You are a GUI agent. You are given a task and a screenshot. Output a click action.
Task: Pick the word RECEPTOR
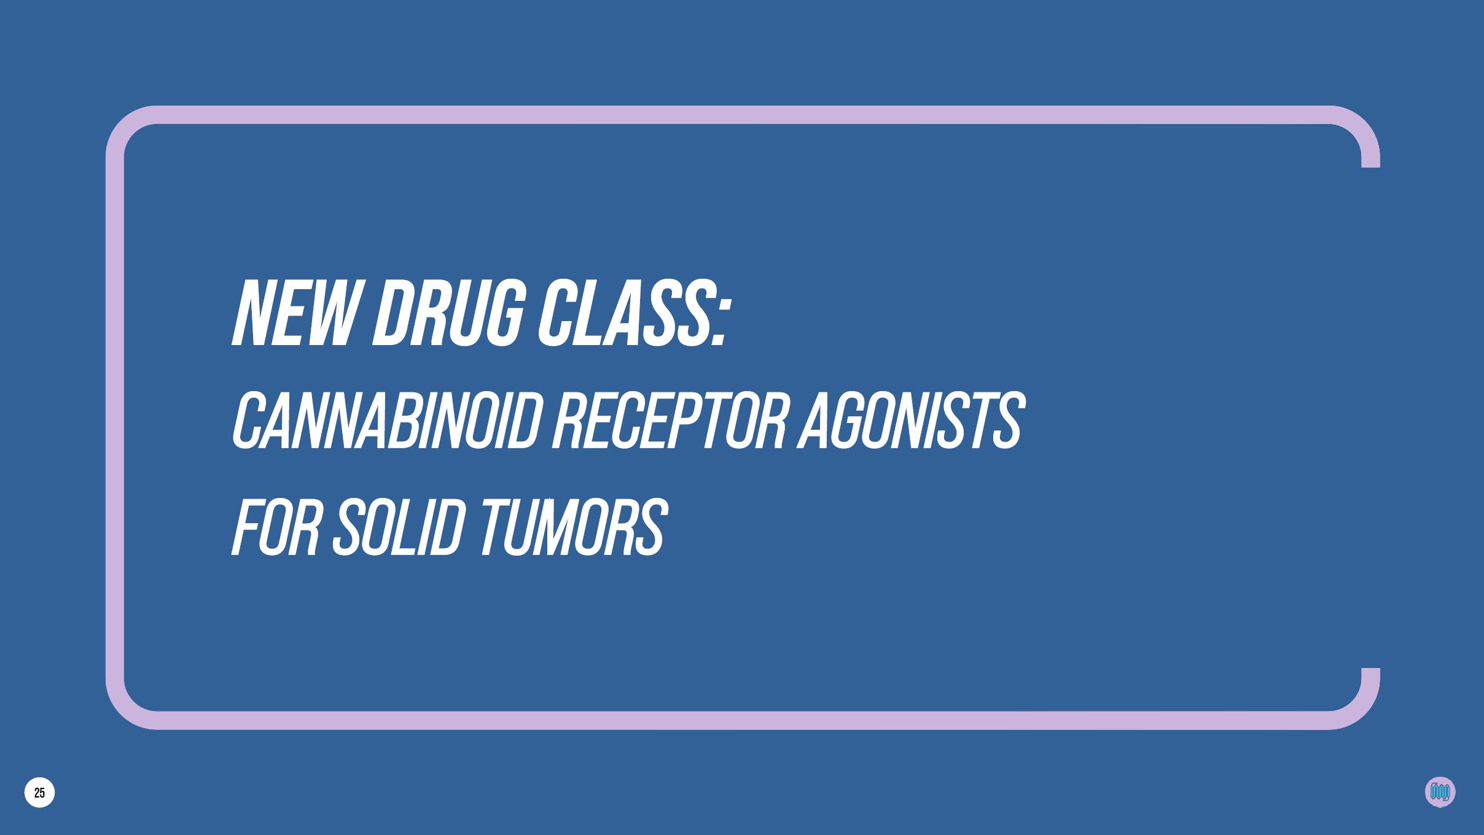[670, 421]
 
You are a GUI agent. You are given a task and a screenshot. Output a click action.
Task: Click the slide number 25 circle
[39, 793]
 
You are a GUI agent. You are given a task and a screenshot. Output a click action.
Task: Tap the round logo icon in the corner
[1440, 792]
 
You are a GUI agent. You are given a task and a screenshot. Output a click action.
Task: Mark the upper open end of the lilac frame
[1370, 166]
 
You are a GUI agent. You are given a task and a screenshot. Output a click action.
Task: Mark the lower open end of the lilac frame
[1370, 669]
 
